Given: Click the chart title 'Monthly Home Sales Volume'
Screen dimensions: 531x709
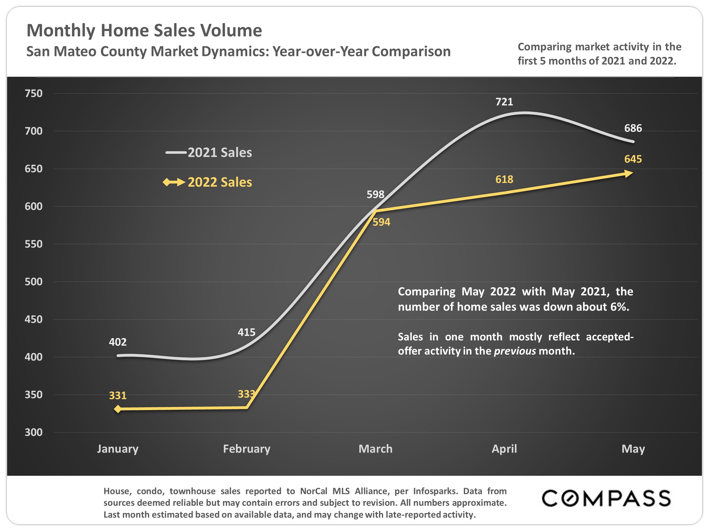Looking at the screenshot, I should click(x=144, y=31).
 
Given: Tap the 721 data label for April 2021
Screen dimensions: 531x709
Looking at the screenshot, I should click(x=504, y=102).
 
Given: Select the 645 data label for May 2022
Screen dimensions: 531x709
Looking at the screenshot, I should click(x=633, y=159).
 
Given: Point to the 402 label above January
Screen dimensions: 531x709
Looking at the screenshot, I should click(x=118, y=342).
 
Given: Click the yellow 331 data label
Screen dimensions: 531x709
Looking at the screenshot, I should click(x=118, y=396).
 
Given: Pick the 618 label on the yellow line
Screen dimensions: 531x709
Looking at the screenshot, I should click(x=504, y=179).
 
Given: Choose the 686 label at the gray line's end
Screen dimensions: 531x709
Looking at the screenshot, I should click(x=633, y=128).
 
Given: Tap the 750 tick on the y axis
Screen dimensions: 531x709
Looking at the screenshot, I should click(x=34, y=93).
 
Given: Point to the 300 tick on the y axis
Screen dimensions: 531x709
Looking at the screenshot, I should click(x=34, y=432).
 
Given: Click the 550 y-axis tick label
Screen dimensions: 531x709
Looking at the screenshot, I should click(x=34, y=244).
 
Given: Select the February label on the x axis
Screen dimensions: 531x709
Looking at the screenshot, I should click(x=246, y=449).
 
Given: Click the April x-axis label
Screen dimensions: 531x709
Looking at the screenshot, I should click(x=504, y=449).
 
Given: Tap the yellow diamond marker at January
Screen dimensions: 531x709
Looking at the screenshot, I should click(x=118, y=409).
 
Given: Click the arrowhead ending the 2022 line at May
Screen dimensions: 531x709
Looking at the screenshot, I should click(x=628, y=174).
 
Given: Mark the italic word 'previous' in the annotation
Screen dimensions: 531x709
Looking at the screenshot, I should click(x=515, y=351).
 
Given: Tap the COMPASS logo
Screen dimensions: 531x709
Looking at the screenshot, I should click(x=606, y=498).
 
